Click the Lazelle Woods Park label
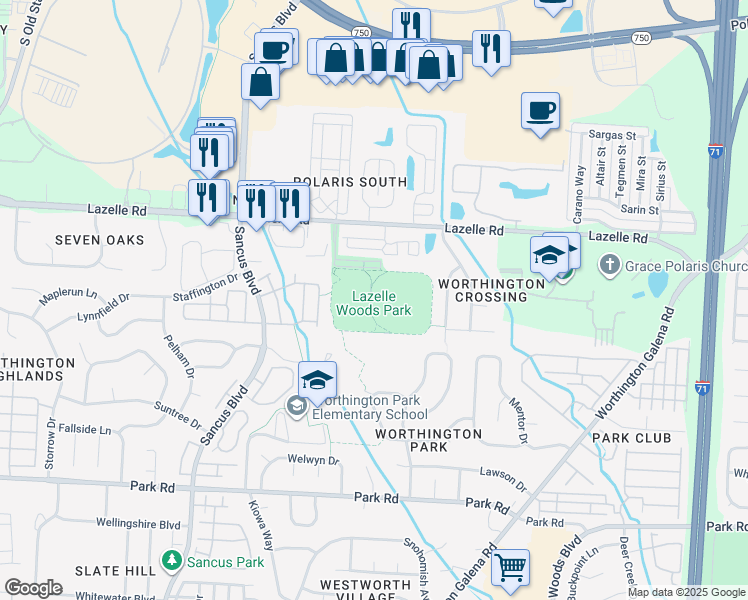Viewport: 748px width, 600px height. coord(381,303)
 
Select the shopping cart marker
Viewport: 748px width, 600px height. coord(511,568)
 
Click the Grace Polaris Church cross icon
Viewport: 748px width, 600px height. coord(609,266)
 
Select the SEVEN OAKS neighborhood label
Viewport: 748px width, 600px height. coord(99,240)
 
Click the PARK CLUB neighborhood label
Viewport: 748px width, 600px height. coord(631,438)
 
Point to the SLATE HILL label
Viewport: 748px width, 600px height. coord(115,569)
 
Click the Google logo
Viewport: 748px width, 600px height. coord(33,588)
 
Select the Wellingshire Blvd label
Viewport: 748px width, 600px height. coord(138,523)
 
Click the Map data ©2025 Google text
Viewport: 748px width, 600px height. coord(685,592)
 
